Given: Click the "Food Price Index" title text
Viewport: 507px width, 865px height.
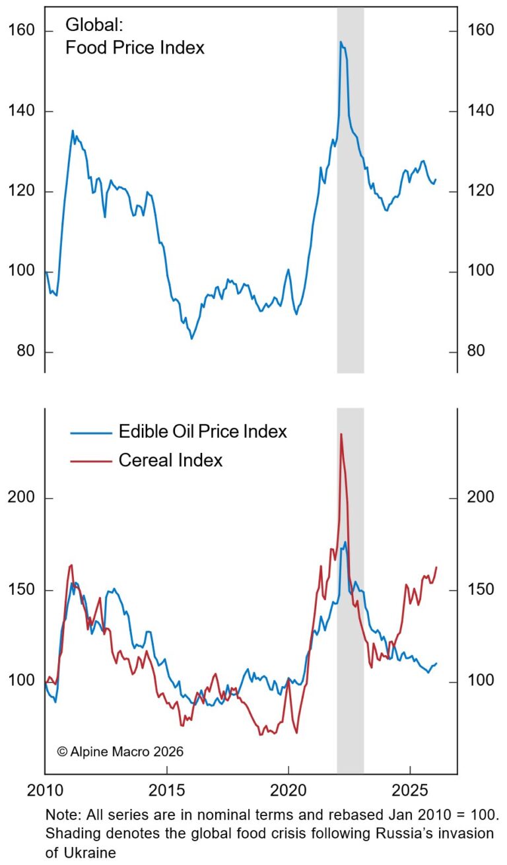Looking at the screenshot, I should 135,48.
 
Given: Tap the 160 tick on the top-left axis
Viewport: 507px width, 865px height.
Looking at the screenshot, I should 22,31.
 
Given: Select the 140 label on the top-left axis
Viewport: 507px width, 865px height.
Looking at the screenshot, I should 22,112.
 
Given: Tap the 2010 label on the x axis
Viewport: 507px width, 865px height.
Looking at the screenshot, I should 45,789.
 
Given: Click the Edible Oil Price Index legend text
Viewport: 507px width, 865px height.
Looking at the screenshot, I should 203,432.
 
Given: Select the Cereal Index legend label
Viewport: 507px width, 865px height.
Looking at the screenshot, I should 170,460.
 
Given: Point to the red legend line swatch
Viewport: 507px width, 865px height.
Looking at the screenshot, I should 90,461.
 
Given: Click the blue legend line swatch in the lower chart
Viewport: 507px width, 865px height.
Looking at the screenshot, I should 90,433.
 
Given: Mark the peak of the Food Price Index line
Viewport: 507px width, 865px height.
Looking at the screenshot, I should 341,42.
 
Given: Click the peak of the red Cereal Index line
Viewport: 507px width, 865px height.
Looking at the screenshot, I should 341,434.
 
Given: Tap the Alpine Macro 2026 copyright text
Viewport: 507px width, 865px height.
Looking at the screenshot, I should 120,751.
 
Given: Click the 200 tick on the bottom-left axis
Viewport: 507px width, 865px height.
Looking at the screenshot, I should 22,497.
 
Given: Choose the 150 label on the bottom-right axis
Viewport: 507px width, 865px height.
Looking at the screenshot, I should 480,589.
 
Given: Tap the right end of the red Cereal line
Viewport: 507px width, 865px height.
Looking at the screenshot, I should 437,567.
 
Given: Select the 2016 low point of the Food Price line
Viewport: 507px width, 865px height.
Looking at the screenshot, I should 191,339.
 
